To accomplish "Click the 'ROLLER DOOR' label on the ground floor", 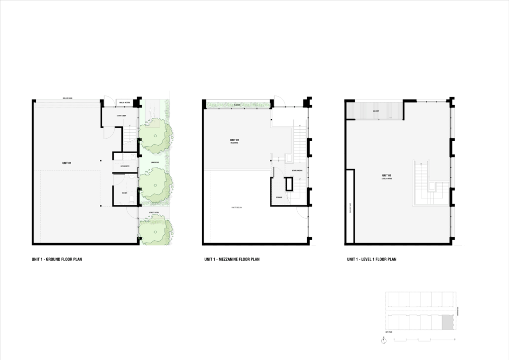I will [68, 98].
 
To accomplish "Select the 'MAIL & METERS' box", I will [124, 103].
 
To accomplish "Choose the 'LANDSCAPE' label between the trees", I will [155, 163].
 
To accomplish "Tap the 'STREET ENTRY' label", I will [154, 213].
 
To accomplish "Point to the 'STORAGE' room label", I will [279, 197].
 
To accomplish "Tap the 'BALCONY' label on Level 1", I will [375, 111].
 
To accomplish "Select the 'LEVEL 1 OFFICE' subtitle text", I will [387, 179].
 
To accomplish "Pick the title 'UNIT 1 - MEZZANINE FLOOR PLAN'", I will [232, 260].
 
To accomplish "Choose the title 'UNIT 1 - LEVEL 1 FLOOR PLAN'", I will [371, 260].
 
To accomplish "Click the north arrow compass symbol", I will [384, 341].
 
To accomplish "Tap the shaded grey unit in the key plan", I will [448, 322].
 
